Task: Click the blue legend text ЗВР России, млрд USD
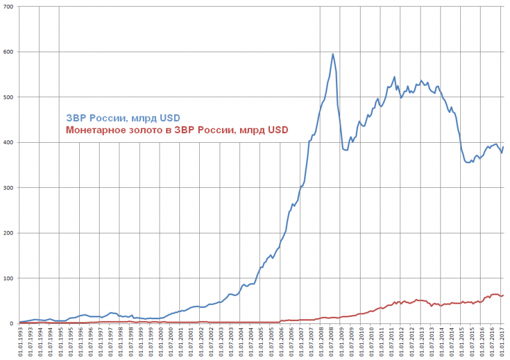pyautogui.click(x=122, y=117)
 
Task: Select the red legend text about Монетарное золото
pyautogui.click(x=177, y=129)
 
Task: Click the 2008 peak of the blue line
pyautogui.click(x=333, y=54)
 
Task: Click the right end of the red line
pyautogui.click(x=503, y=295)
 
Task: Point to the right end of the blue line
pyautogui.click(x=503, y=147)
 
